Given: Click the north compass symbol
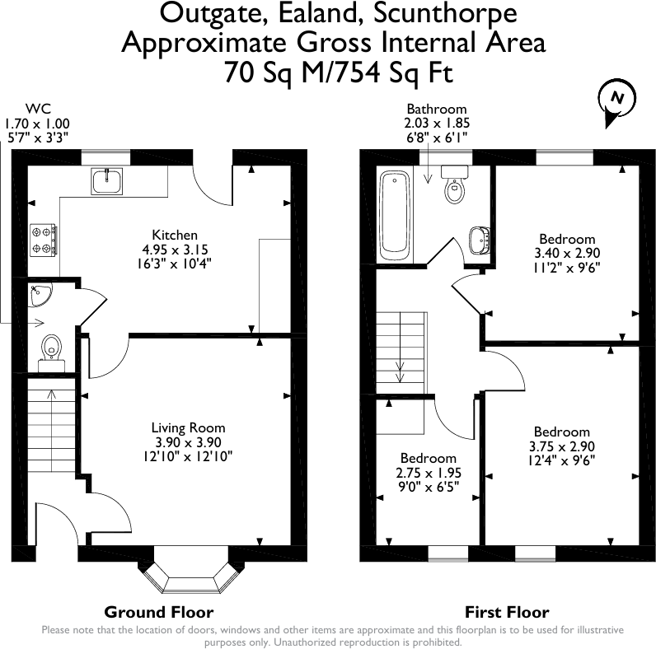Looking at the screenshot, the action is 616,101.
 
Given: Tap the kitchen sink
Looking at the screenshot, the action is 106,181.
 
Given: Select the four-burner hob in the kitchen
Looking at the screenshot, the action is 43,240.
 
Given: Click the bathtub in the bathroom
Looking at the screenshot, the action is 395,216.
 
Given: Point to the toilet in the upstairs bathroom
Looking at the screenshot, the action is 454,184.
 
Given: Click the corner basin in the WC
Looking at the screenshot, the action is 40,295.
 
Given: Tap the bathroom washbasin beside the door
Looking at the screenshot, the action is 480,240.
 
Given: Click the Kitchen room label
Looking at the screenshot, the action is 175,235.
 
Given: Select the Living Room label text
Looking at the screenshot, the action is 188,427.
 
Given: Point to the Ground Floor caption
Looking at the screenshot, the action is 159,612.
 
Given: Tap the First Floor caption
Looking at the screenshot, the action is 507,613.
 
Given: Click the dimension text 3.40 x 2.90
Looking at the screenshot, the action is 567,253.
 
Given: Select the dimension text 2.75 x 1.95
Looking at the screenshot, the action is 429,473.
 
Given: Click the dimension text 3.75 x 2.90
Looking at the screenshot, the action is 562,446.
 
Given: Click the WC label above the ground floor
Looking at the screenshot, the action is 38,109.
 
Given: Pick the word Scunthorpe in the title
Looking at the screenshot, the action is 445,13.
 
